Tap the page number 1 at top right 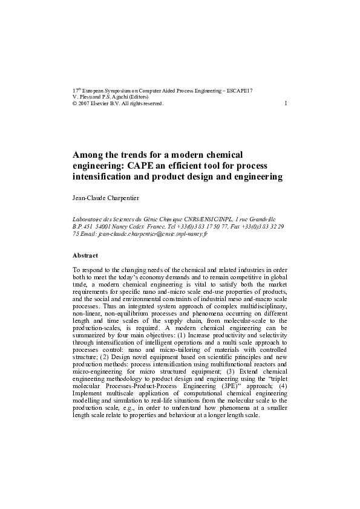[285, 103]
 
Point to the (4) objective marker [281, 386]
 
